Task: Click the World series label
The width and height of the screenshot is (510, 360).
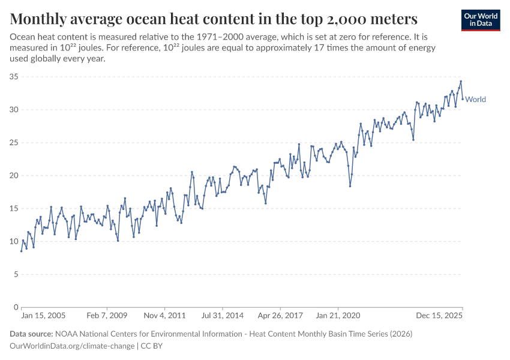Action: coord(475,100)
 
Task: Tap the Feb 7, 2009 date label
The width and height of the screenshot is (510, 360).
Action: coord(107,315)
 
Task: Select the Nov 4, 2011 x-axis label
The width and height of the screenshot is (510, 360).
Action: coord(165,315)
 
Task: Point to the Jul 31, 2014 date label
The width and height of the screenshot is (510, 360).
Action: coord(222,315)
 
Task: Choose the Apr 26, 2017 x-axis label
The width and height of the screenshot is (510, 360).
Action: coord(280,315)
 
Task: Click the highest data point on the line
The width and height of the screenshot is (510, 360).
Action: coord(461,82)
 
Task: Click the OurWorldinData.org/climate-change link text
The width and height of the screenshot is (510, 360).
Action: coord(72,346)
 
